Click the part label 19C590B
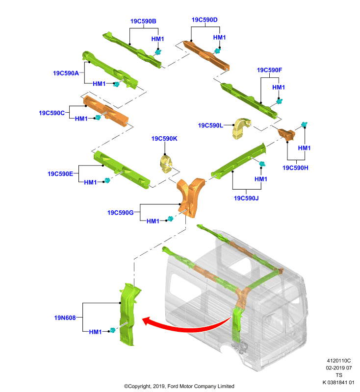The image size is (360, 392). coord(143,21)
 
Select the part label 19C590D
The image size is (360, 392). coord(205,20)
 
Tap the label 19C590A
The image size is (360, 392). coord(66,73)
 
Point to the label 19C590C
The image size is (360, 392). coord(52,113)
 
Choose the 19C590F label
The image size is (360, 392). coord(269,70)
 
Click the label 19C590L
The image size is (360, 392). coord(210,125)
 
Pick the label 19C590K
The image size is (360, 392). coord(164,139)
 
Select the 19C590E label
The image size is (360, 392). coord(60,174)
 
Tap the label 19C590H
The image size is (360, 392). coord(295,168)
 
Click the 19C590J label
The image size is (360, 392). coord(246,198)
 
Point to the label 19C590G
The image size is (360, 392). coord(120,213)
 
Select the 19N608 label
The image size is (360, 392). coord(65,318)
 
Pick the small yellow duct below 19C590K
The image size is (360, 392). coord(166,164)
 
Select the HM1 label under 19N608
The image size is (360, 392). coord(95,332)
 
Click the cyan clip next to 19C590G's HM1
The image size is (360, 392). coord(170,219)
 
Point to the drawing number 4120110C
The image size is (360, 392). coord(339,361)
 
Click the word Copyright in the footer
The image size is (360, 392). coord(139,386)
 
